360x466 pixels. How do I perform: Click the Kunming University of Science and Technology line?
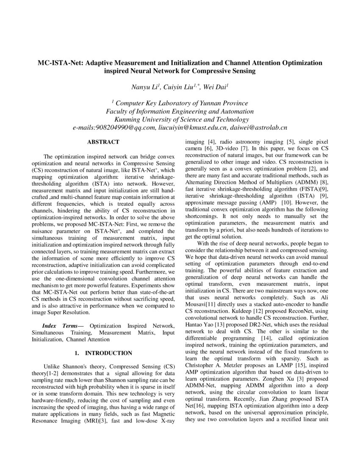pyautogui.click(x=180, y=119)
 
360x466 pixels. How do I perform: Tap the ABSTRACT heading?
pyautogui.click(x=103, y=142)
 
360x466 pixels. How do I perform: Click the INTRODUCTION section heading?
pyautogui.click(x=109, y=353)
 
